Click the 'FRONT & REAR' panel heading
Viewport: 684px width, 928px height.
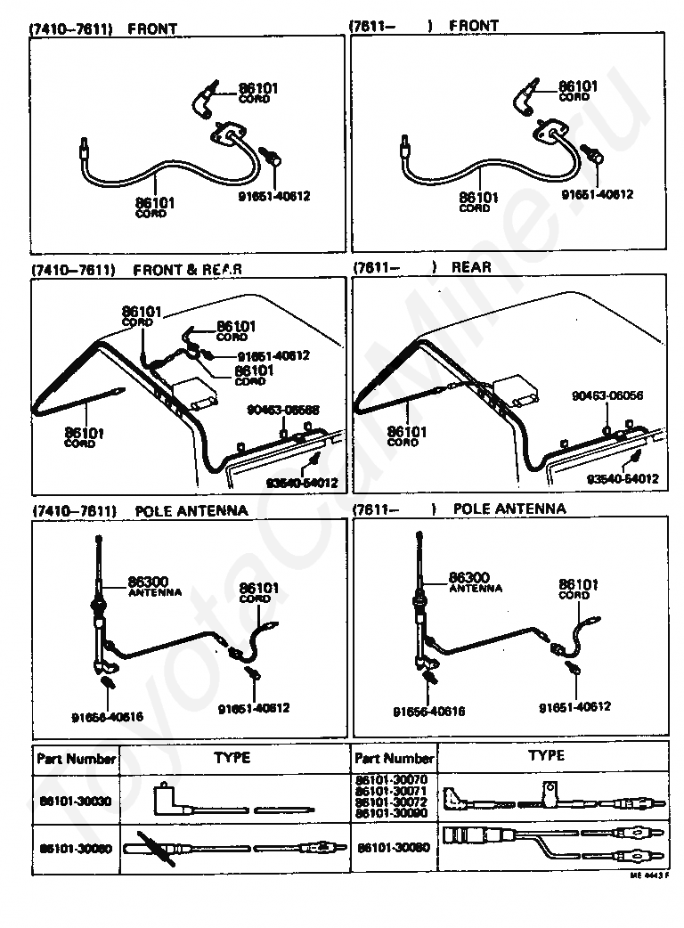click(x=187, y=268)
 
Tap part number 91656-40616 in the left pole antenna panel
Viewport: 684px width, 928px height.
click(x=107, y=715)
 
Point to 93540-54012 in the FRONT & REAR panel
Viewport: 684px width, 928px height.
click(x=302, y=484)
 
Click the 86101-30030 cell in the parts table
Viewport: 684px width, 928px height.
click(x=76, y=801)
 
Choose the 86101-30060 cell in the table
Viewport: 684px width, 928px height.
click(x=76, y=849)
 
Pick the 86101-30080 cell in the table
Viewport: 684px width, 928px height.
click(x=393, y=847)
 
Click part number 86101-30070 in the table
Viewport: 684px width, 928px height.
click(x=392, y=780)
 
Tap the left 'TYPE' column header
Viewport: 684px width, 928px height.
click(x=232, y=758)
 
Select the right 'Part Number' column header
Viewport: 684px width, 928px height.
click(x=394, y=758)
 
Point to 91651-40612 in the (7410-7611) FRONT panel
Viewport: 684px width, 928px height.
click(x=273, y=196)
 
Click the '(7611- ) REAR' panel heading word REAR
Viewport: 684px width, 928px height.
click(x=471, y=267)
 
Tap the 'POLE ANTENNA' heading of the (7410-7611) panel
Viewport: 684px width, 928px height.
click(x=191, y=510)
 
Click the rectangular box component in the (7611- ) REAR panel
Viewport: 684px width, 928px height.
click(x=516, y=387)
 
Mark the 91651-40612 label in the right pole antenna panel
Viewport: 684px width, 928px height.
click(x=574, y=706)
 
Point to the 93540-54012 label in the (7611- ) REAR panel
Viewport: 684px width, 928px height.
click(x=623, y=478)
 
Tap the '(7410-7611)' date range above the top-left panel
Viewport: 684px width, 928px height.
click(x=71, y=28)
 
